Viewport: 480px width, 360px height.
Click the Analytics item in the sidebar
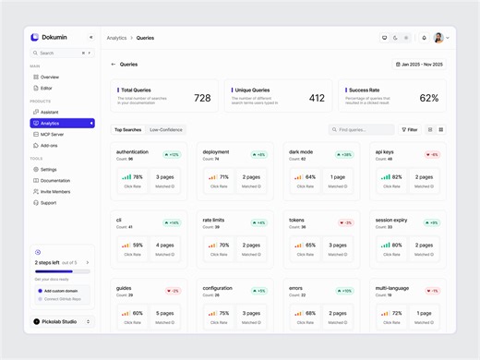click(x=50, y=123)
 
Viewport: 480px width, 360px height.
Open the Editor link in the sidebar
click(x=46, y=88)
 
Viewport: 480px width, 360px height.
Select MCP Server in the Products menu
click(x=52, y=134)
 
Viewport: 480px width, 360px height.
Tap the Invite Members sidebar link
click(x=54, y=191)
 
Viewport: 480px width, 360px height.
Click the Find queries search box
click(x=361, y=129)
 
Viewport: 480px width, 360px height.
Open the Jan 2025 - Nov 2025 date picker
click(x=420, y=65)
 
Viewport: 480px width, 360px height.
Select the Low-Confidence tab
click(x=166, y=129)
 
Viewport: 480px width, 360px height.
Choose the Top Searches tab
click(x=127, y=129)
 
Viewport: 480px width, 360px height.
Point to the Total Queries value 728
click(x=202, y=98)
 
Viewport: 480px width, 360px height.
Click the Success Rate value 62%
click(x=428, y=98)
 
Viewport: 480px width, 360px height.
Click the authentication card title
click(x=132, y=151)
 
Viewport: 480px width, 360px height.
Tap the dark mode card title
click(x=301, y=151)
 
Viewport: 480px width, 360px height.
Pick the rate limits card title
click(x=214, y=220)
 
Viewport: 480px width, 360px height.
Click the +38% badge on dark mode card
click(x=344, y=154)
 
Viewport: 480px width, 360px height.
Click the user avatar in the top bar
click(x=438, y=38)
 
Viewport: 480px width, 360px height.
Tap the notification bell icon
click(x=424, y=38)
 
